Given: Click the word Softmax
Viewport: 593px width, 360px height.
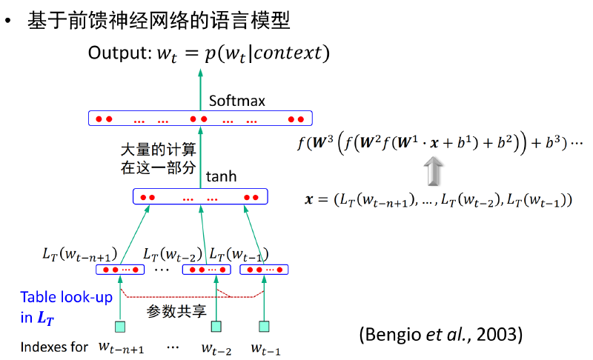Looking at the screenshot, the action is pos(237,101).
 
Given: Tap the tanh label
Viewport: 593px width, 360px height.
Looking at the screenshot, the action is pos(221,176).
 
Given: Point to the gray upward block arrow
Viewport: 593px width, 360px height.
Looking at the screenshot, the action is pos(434,171).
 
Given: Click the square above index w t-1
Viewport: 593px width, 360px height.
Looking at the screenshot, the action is pos(264,327).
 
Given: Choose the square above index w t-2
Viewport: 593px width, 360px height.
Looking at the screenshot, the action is pos(216,327).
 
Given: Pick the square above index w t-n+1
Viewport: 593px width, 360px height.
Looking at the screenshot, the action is pos(120,327).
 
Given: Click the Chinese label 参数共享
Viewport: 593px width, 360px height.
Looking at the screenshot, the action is pos(176,311).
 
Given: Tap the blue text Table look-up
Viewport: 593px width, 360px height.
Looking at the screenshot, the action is pos(67,297).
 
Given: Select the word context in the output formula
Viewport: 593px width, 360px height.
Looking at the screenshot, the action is pos(288,53).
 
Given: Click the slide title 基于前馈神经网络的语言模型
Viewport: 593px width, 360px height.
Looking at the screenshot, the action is pos(159,21).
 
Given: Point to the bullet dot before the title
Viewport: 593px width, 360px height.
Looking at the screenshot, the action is pos(8,21).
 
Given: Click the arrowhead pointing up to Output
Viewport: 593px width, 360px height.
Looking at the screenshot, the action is pos(200,73).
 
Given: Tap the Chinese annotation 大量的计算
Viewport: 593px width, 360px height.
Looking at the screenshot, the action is pos(158,150).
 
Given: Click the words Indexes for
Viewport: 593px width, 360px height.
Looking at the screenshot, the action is pos(54,347).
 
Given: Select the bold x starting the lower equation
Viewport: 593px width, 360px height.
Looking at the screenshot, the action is pos(309,199).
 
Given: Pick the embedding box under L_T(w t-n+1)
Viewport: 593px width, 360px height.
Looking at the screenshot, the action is pos(120,270).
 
